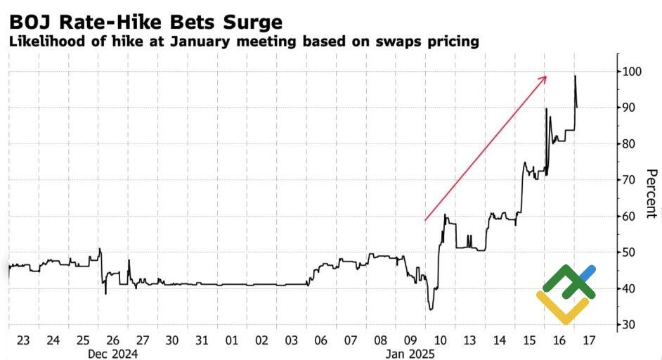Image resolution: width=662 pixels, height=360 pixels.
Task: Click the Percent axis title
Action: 651,193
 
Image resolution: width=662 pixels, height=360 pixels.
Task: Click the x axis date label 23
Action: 23,340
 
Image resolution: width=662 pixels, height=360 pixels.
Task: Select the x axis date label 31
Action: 202,340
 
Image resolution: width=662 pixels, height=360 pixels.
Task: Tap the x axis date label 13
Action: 470,340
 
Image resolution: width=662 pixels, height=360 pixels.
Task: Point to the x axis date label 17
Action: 589,340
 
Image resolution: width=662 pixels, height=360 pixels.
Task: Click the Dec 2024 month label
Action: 113,354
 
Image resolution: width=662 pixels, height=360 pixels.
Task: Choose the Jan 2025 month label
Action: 411,354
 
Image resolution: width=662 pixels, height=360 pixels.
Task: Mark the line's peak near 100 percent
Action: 575,76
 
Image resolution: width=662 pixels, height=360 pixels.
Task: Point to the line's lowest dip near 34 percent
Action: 431,309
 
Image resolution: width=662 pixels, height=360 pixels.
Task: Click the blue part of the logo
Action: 588,272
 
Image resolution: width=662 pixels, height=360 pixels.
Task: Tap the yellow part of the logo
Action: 562,309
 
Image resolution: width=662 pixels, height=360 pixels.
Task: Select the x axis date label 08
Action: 381,340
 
